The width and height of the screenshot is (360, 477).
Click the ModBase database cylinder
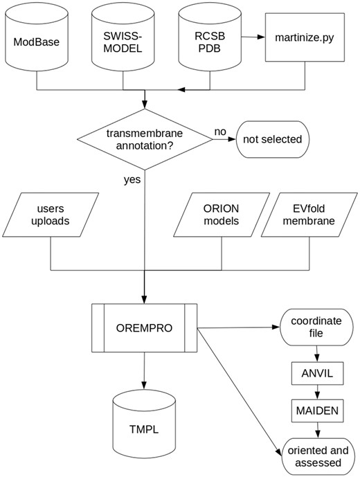[35, 42]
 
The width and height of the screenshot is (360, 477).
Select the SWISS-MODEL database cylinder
[123, 42]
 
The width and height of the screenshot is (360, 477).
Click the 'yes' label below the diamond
[133, 181]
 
